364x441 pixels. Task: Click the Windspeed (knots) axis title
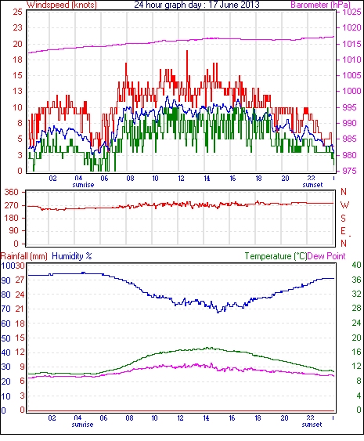click(62, 5)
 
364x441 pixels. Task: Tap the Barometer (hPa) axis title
click(320, 5)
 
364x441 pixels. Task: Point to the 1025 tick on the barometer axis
click(351, 12)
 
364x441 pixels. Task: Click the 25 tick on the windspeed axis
click(17, 12)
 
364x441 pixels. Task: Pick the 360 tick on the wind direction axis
click(12, 193)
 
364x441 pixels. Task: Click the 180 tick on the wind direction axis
click(12, 218)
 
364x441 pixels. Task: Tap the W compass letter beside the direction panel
click(344, 205)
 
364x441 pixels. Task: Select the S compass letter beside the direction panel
click(343, 218)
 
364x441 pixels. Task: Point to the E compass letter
click(343, 231)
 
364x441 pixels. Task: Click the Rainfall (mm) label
click(24, 256)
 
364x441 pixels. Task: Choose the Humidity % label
click(72, 256)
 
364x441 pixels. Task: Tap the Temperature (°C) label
click(276, 256)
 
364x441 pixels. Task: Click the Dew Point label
click(326, 256)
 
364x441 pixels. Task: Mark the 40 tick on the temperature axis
click(356, 265)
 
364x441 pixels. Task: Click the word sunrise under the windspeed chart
click(83, 185)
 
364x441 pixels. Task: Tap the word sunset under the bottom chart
click(312, 425)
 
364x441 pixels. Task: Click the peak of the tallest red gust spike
click(187, 51)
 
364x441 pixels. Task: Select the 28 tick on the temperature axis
click(356, 309)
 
